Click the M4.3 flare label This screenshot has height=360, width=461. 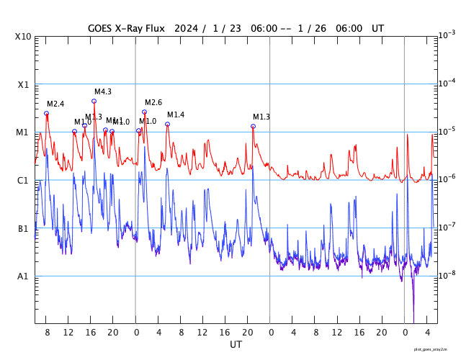[x=103, y=91]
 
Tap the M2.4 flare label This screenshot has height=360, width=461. [x=55, y=104]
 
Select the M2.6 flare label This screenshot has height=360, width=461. [x=153, y=102]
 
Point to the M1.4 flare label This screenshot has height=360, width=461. [x=176, y=115]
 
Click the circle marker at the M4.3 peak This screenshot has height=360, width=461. [x=94, y=101]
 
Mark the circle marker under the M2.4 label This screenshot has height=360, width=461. [x=47, y=113]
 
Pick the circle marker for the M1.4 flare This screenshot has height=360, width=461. [x=167, y=124]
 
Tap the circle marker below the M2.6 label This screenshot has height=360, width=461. [x=144, y=112]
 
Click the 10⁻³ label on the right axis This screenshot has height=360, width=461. [x=447, y=35]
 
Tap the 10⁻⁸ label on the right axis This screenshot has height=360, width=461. [x=447, y=274]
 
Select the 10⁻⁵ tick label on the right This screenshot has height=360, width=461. [x=447, y=131]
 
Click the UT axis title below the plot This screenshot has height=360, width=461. [x=236, y=345]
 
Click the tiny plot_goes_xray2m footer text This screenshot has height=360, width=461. [x=434, y=348]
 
